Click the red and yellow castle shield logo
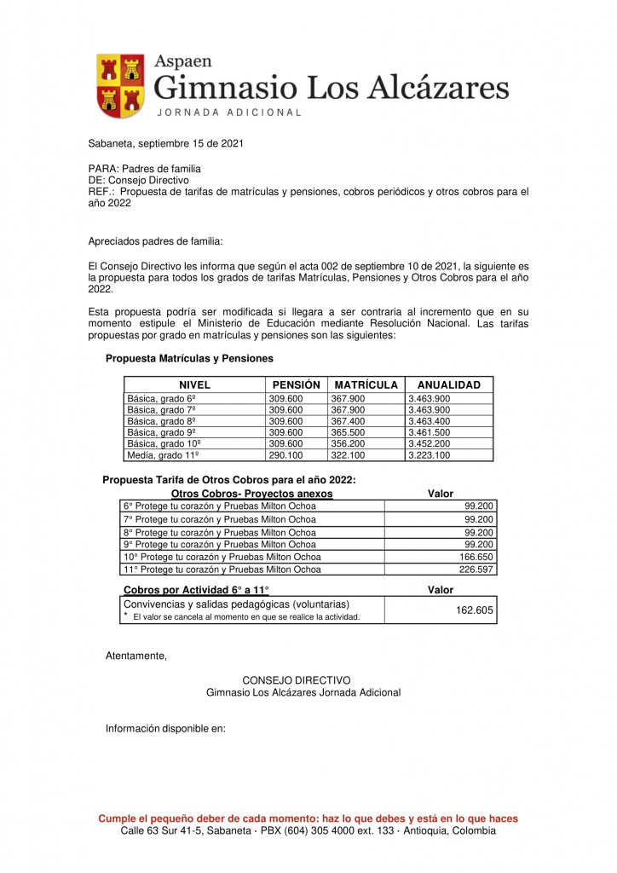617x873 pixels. (118, 86)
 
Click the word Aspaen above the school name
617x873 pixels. (182, 61)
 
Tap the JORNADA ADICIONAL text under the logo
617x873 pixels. (228, 113)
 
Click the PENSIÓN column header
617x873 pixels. (296, 384)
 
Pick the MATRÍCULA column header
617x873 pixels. (366, 384)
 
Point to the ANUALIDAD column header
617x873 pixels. (448, 384)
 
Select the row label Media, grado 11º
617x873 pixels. (163, 455)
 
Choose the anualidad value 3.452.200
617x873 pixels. (429, 444)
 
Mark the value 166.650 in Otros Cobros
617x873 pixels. (476, 557)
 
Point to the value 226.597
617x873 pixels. (476, 569)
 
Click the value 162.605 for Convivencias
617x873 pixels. (475, 610)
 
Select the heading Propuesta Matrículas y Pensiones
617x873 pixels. (189, 359)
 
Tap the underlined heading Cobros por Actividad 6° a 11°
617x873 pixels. (196, 590)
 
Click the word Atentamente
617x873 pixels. (136, 656)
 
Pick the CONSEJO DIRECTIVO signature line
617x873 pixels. (296, 680)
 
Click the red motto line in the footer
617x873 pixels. (308, 818)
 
